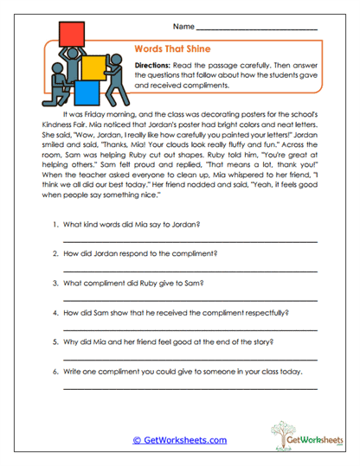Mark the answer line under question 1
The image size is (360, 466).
190,241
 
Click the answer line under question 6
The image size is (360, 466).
190,391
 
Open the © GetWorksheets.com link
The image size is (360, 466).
180,439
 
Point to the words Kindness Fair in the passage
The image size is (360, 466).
75,126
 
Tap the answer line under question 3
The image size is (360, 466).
190,300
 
